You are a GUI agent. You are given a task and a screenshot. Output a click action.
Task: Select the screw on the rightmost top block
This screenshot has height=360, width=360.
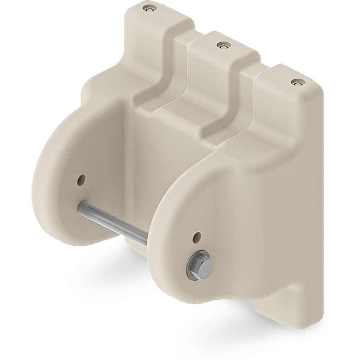click(x=296, y=82)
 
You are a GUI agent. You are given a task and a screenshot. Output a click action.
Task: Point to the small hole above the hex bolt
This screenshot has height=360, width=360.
click(x=197, y=236)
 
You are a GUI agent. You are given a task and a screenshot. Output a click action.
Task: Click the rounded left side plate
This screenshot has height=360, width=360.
click(x=58, y=193)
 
